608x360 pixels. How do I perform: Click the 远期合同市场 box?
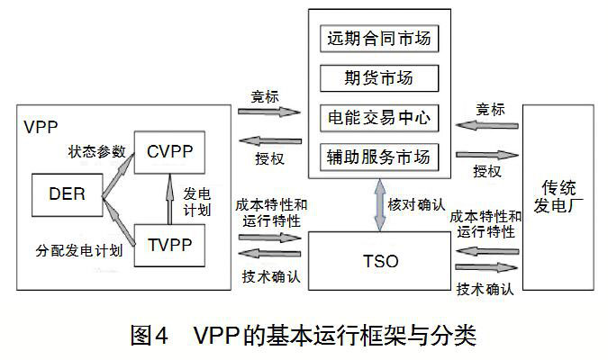click(x=378, y=40)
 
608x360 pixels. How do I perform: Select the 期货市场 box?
click(x=378, y=79)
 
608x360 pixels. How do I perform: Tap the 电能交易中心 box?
click(x=378, y=118)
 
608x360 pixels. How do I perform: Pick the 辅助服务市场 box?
click(x=378, y=156)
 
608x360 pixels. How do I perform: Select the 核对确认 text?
click(x=416, y=204)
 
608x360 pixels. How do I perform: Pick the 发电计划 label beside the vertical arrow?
click(x=198, y=201)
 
